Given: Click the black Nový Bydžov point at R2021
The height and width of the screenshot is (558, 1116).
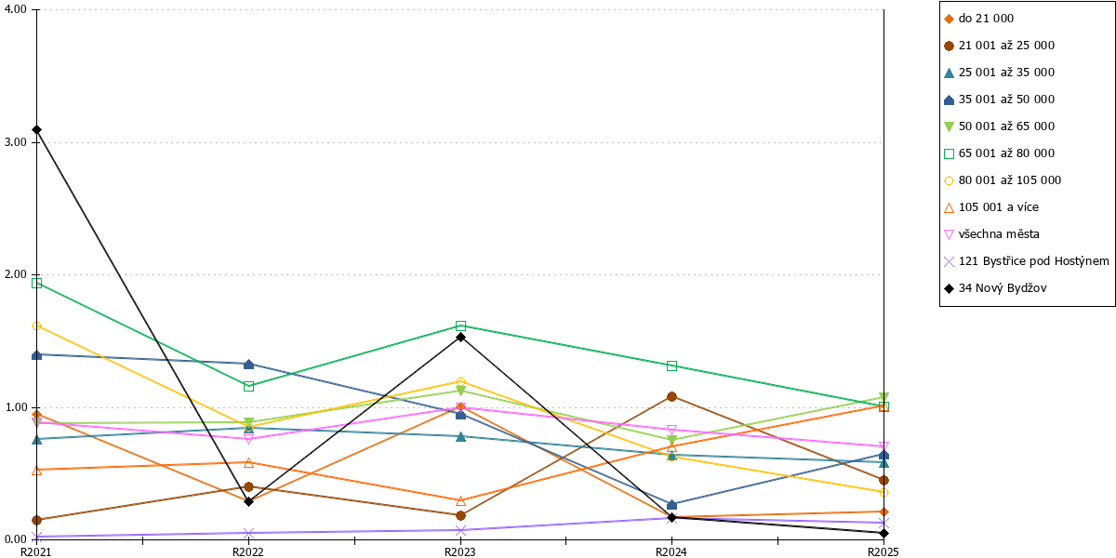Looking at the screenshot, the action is point(36,130).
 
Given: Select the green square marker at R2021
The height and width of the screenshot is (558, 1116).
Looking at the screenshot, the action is point(36,283).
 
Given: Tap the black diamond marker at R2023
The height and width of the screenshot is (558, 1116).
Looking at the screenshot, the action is point(461,338).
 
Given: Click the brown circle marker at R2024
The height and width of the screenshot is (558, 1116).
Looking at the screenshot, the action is point(671,396).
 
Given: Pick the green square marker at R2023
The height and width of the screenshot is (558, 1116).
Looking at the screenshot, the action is point(461,325).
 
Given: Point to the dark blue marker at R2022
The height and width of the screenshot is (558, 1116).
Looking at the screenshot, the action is point(249,365).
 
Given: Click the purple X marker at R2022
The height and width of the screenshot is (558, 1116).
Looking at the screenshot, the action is point(249,533).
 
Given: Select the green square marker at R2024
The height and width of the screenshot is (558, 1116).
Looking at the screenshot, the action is point(671,366).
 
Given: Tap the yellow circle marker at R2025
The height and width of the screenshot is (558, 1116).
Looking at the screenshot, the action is point(883,492).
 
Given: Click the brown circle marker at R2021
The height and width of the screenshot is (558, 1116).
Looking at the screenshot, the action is point(36,520).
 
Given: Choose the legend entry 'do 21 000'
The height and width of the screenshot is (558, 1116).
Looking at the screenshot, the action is point(979,19).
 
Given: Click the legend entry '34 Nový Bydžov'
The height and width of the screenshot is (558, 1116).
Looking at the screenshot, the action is point(995,288).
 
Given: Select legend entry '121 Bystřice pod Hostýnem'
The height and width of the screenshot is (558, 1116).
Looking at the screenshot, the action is point(1027,261).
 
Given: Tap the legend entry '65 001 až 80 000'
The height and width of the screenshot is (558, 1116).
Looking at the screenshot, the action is point(1000,153).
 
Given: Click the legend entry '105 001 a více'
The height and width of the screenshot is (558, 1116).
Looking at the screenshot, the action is point(991,207).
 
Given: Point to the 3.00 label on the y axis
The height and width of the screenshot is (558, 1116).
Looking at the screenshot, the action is point(16,142).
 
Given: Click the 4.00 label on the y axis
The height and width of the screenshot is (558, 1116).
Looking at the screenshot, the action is point(16,9).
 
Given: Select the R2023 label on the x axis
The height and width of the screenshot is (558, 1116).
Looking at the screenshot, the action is point(459,551).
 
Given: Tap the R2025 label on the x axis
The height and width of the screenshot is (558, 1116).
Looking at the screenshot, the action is point(883,551).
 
